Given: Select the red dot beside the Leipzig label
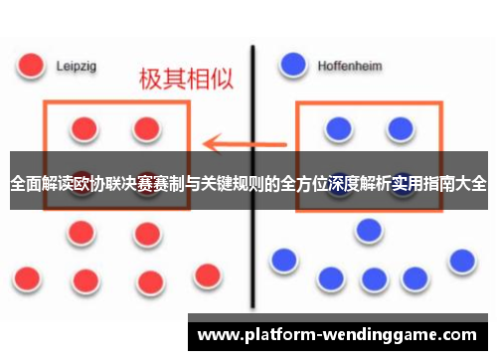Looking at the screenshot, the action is click(x=31, y=66).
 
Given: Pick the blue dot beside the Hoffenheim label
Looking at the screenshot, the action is click(x=293, y=65).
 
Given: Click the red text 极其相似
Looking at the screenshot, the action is click(x=186, y=80).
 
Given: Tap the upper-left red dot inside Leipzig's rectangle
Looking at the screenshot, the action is click(x=84, y=128).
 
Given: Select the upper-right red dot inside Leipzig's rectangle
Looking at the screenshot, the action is click(x=147, y=128).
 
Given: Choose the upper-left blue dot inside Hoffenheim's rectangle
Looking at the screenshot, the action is click(x=338, y=128).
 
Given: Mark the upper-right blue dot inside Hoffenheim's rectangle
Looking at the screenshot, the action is click(x=401, y=127).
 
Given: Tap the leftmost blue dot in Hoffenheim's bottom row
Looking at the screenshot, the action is click(x=284, y=261).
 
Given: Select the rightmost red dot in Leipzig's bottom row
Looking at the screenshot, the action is click(x=207, y=273).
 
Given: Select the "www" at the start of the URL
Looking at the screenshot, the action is click(x=220, y=335).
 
